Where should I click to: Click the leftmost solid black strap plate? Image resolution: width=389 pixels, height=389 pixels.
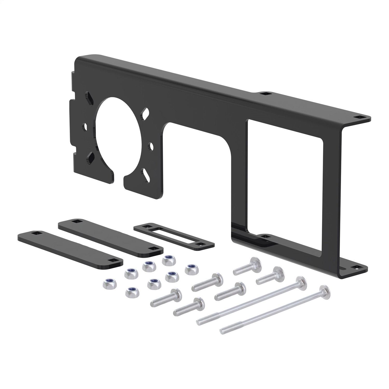(x=70, y=249)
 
